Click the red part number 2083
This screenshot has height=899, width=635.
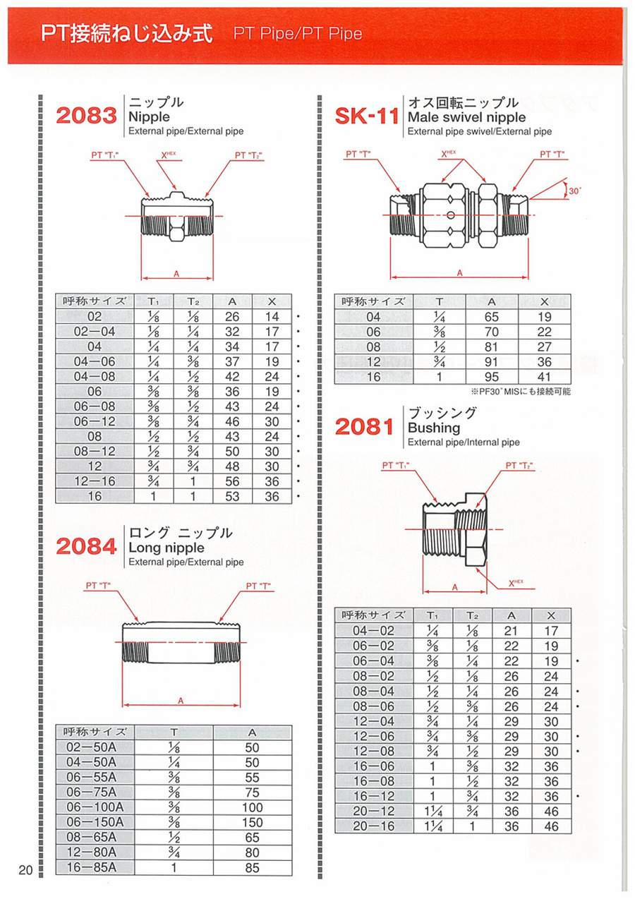coord(86,115)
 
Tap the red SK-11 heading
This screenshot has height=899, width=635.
coord(367,115)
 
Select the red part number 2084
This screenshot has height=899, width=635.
coord(86,545)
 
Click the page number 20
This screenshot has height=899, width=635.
coord(25,870)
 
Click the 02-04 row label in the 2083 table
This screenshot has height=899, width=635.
coord(95,332)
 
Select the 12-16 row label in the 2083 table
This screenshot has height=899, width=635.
coord(95,481)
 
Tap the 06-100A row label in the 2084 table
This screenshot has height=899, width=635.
coord(95,807)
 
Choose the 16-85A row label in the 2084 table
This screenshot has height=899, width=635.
coord(95,867)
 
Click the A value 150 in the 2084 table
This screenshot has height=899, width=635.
coord(252,822)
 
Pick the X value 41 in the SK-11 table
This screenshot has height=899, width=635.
coord(544,377)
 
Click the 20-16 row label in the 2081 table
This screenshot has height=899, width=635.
coord(374,826)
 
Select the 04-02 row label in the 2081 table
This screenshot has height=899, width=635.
coord(374,631)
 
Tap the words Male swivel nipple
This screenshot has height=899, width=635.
coord(466,117)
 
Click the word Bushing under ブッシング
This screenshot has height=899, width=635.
coord(434,428)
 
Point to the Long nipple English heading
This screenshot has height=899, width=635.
coord(166,548)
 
